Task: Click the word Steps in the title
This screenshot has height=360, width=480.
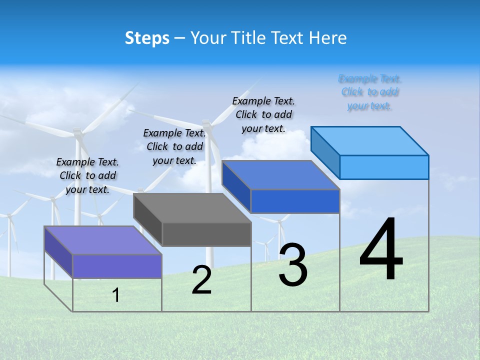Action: (x=147, y=38)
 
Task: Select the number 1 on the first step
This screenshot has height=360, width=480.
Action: (x=116, y=295)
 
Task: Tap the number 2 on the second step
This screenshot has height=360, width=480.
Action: (x=201, y=280)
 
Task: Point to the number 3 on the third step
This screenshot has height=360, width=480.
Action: (x=293, y=265)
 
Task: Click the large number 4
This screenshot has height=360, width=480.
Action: (x=381, y=250)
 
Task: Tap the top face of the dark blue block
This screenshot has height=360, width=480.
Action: (x=280, y=175)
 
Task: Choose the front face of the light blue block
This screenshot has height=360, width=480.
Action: (x=384, y=167)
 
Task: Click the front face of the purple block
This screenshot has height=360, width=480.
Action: (x=117, y=266)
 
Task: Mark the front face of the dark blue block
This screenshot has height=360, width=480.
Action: (x=295, y=201)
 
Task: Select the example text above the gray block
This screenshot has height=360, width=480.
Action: (x=174, y=147)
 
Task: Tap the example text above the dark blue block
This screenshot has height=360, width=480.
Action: (x=263, y=114)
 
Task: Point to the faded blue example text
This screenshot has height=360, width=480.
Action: (x=370, y=92)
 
